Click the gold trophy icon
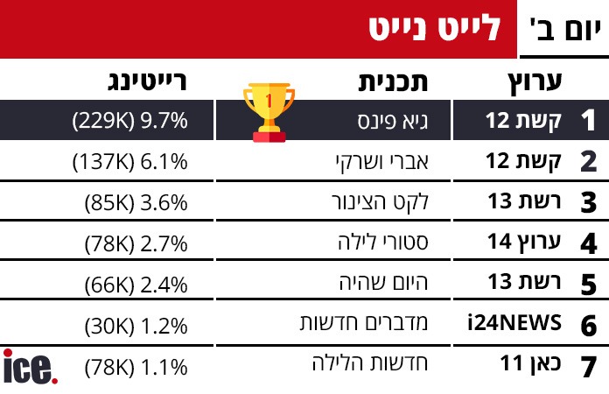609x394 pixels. click(x=268, y=111)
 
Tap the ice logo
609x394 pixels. click(x=31, y=366)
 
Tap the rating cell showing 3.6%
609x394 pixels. click(x=136, y=202)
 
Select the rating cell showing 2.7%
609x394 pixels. click(x=136, y=243)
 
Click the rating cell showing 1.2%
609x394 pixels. click(x=136, y=324)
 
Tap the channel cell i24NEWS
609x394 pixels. click(x=514, y=324)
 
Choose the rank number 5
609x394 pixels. click(x=589, y=285)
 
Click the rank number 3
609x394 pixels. click(x=589, y=203)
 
